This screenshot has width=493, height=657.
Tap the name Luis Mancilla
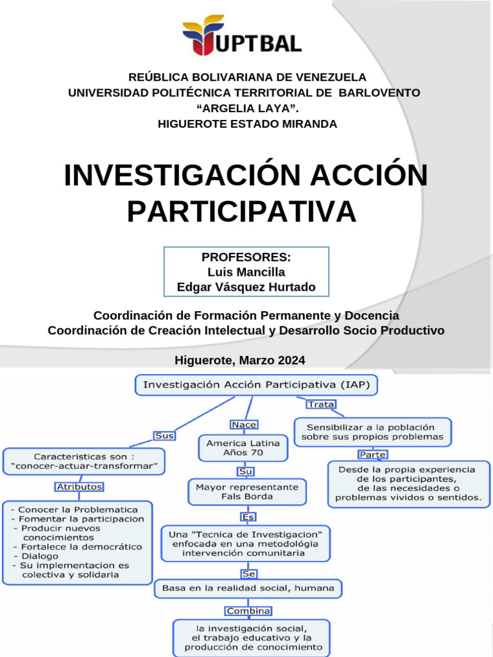click(246, 272)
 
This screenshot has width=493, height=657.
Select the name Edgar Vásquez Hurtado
click(246, 287)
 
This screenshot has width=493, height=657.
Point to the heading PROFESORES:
click(246, 257)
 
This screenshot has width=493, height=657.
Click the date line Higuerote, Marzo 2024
click(240, 361)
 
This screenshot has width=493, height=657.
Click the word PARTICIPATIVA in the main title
click(241, 212)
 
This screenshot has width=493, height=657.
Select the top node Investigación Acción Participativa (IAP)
click(255, 385)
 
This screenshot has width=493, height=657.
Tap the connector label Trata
click(321, 404)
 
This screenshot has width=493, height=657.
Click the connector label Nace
click(244, 425)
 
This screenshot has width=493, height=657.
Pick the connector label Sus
click(165, 436)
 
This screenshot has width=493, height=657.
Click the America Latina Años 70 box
click(243, 448)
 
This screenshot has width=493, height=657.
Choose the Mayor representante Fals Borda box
click(246, 491)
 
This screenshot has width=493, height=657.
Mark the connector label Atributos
click(80, 487)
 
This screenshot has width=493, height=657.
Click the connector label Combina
click(248, 611)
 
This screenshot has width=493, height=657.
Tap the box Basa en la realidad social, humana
click(248, 588)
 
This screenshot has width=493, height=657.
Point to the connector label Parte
click(373, 455)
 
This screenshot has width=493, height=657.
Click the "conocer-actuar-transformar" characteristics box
click(84, 461)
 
